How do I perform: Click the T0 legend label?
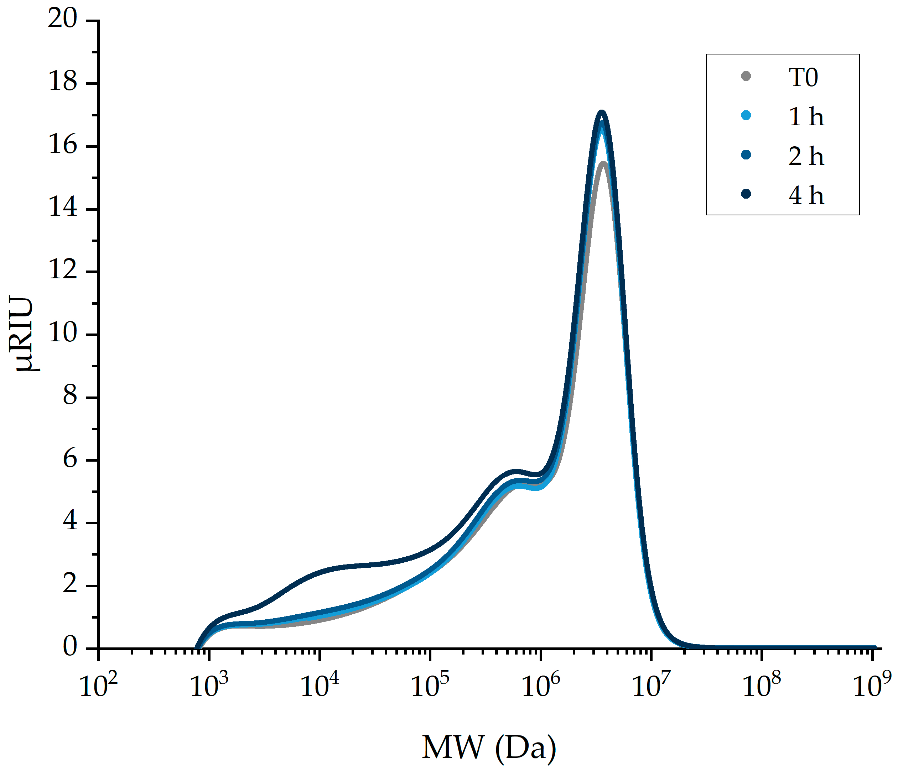[x=803, y=78]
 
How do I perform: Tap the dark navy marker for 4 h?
[x=746, y=194]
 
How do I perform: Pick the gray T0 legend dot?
[x=746, y=76]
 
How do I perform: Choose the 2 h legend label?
[x=806, y=156]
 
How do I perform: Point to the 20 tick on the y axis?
[x=62, y=19]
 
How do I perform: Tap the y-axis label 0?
[x=70, y=647]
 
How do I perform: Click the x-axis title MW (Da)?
[x=489, y=747]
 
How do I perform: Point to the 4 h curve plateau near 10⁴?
[x=329, y=569]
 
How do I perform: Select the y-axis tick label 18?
[x=63, y=82]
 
